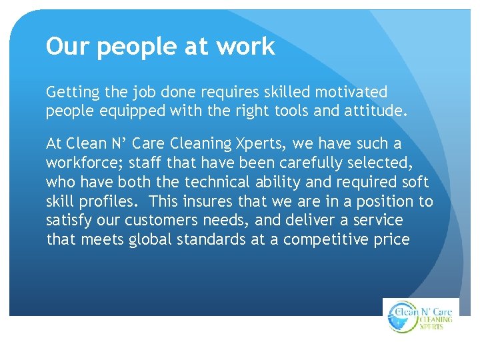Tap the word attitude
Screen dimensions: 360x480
[x=375, y=111]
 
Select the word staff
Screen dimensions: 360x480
[x=145, y=163]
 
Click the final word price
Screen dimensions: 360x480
[x=394, y=240]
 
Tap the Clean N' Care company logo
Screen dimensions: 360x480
[x=421, y=316]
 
